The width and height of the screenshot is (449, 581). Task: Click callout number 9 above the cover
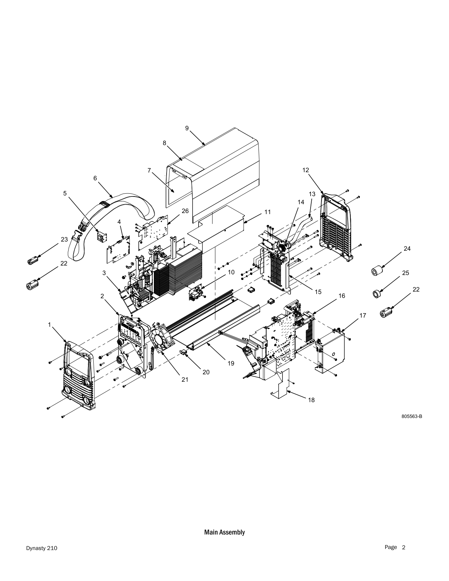pyautogui.click(x=187, y=128)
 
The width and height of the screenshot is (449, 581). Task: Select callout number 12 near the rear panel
pyautogui.click(x=306, y=170)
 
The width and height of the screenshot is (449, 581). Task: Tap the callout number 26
pyautogui.click(x=185, y=211)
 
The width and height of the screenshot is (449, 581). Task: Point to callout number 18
pyautogui.click(x=311, y=400)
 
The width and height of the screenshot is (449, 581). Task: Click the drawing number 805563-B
pyautogui.click(x=412, y=416)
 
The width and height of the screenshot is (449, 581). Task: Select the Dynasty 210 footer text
pyautogui.click(x=42, y=548)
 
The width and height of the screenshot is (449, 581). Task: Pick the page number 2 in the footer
pyautogui.click(x=404, y=547)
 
